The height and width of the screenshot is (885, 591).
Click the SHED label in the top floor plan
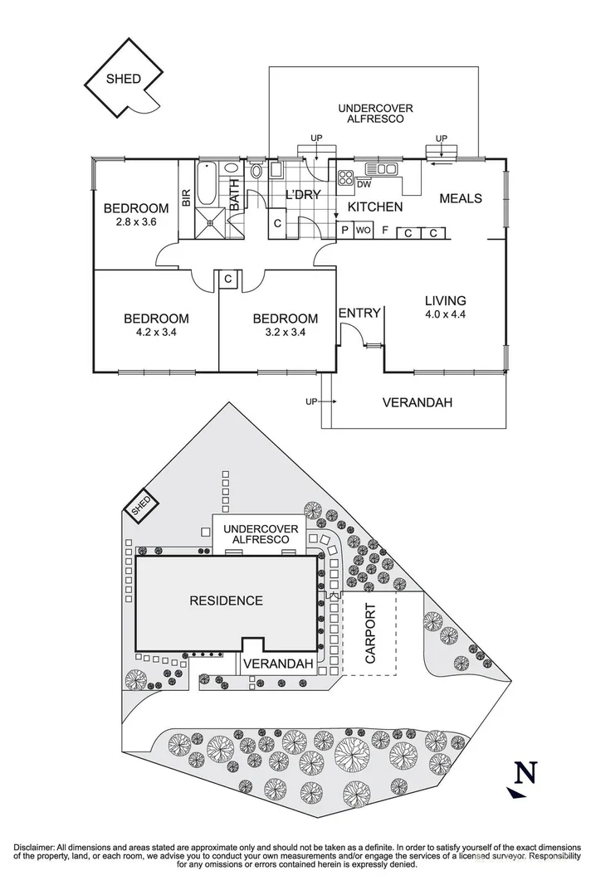point(123,79)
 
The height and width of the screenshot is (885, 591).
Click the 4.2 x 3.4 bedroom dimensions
point(156,333)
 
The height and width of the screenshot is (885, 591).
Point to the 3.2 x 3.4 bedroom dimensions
point(285,333)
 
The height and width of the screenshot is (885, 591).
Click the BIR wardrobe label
point(187,197)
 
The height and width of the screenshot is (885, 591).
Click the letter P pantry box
point(342,231)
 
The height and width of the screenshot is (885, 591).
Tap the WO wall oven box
point(363,231)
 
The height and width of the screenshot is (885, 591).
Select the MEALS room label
point(460,198)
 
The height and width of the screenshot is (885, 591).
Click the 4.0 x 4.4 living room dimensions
point(446,315)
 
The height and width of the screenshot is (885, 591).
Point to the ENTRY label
point(359,313)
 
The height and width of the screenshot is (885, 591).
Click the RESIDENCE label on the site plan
point(226,601)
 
